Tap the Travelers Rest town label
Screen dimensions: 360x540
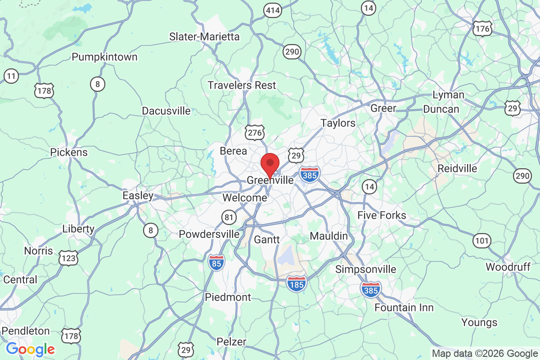(x=242, y=85)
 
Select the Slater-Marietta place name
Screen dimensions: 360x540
(x=204, y=36)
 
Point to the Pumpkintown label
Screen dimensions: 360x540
(x=105, y=57)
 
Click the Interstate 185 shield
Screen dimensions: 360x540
(x=297, y=283)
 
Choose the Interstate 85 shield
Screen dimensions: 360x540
(x=216, y=262)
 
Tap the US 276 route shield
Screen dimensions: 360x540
(x=254, y=132)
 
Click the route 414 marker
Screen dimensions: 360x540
(x=273, y=9)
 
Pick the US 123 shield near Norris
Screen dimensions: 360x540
(x=68, y=258)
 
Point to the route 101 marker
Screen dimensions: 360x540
(x=481, y=241)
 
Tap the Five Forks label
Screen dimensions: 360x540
(x=382, y=215)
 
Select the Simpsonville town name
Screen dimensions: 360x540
(x=366, y=269)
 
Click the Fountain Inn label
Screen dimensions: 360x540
(x=404, y=308)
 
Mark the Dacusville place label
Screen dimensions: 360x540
(x=166, y=111)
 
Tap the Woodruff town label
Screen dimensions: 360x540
(x=508, y=267)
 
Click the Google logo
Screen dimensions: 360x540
(x=30, y=349)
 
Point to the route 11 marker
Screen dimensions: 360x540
(x=12, y=76)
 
